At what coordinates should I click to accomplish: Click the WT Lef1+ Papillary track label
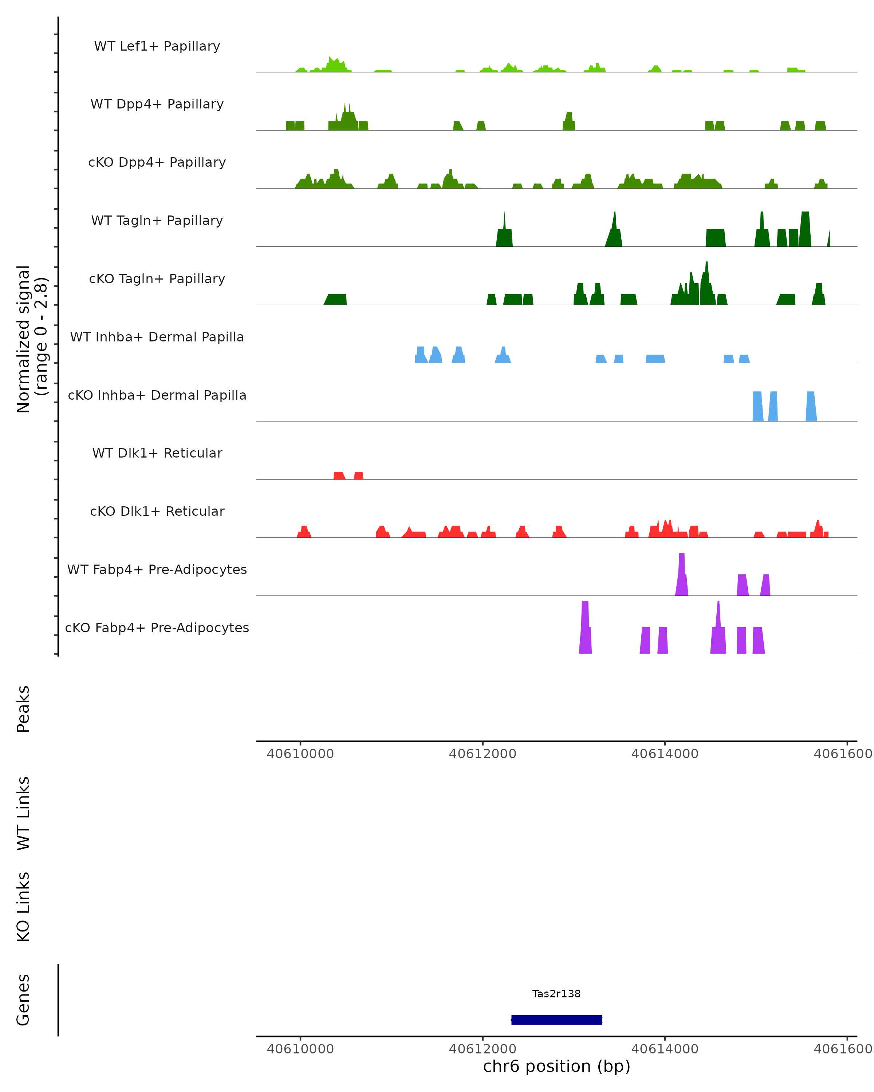(157, 46)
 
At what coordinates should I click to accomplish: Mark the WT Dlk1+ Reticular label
(157, 453)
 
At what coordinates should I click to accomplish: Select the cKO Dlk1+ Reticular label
(157, 511)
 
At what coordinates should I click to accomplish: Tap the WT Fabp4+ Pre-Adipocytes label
(157, 569)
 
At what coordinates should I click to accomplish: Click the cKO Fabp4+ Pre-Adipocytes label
(157, 628)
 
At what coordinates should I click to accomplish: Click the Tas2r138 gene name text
(556, 994)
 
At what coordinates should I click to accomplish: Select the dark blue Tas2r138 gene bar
(556, 1020)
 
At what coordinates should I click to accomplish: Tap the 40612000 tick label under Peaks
(483, 754)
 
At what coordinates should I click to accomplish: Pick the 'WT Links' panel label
(23, 812)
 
